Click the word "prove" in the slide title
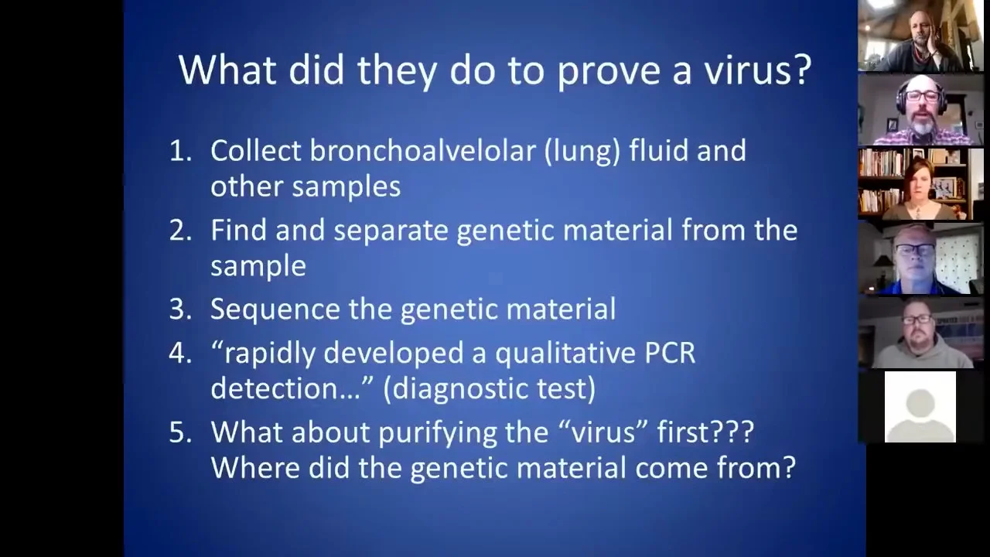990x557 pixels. click(x=609, y=70)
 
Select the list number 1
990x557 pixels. click(x=180, y=151)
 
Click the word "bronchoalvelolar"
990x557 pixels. click(x=423, y=150)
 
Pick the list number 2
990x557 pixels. click(x=180, y=231)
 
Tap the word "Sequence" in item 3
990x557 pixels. click(x=275, y=309)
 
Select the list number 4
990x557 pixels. click(x=180, y=354)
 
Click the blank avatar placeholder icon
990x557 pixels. click(x=920, y=407)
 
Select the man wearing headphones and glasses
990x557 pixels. click(x=921, y=110)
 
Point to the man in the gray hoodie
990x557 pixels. click(x=920, y=333)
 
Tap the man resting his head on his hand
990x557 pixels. click(x=921, y=38)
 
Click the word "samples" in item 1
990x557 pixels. click(x=346, y=187)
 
